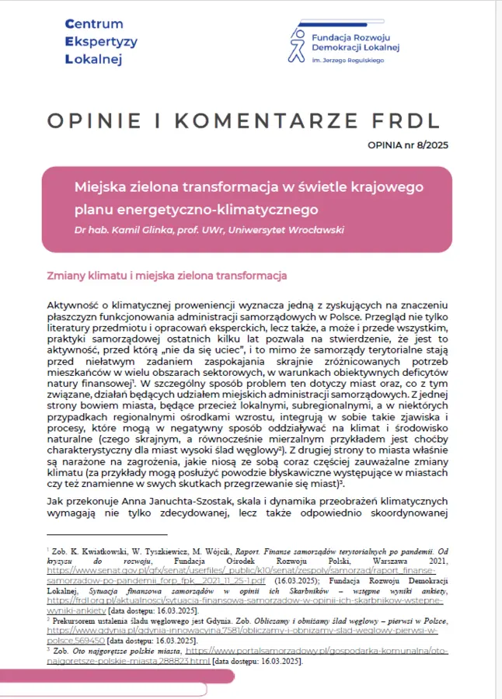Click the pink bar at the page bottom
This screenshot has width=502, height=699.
point(117,676)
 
